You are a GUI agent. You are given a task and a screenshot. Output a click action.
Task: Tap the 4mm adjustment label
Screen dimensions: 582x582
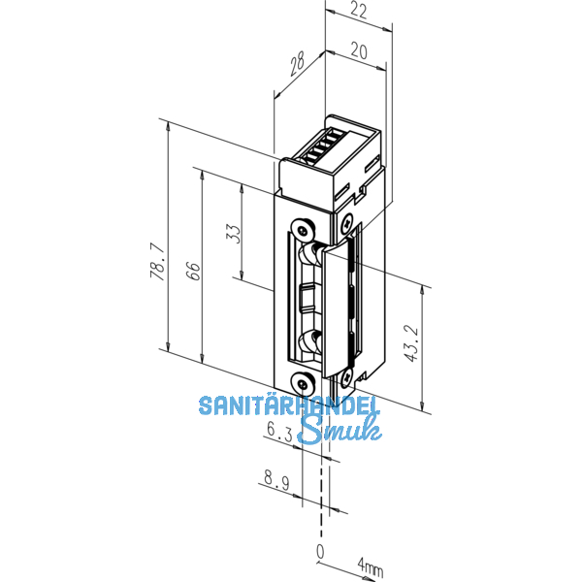click(370, 565)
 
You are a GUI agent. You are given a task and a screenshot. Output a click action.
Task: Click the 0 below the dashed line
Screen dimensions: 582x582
click(320, 552)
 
